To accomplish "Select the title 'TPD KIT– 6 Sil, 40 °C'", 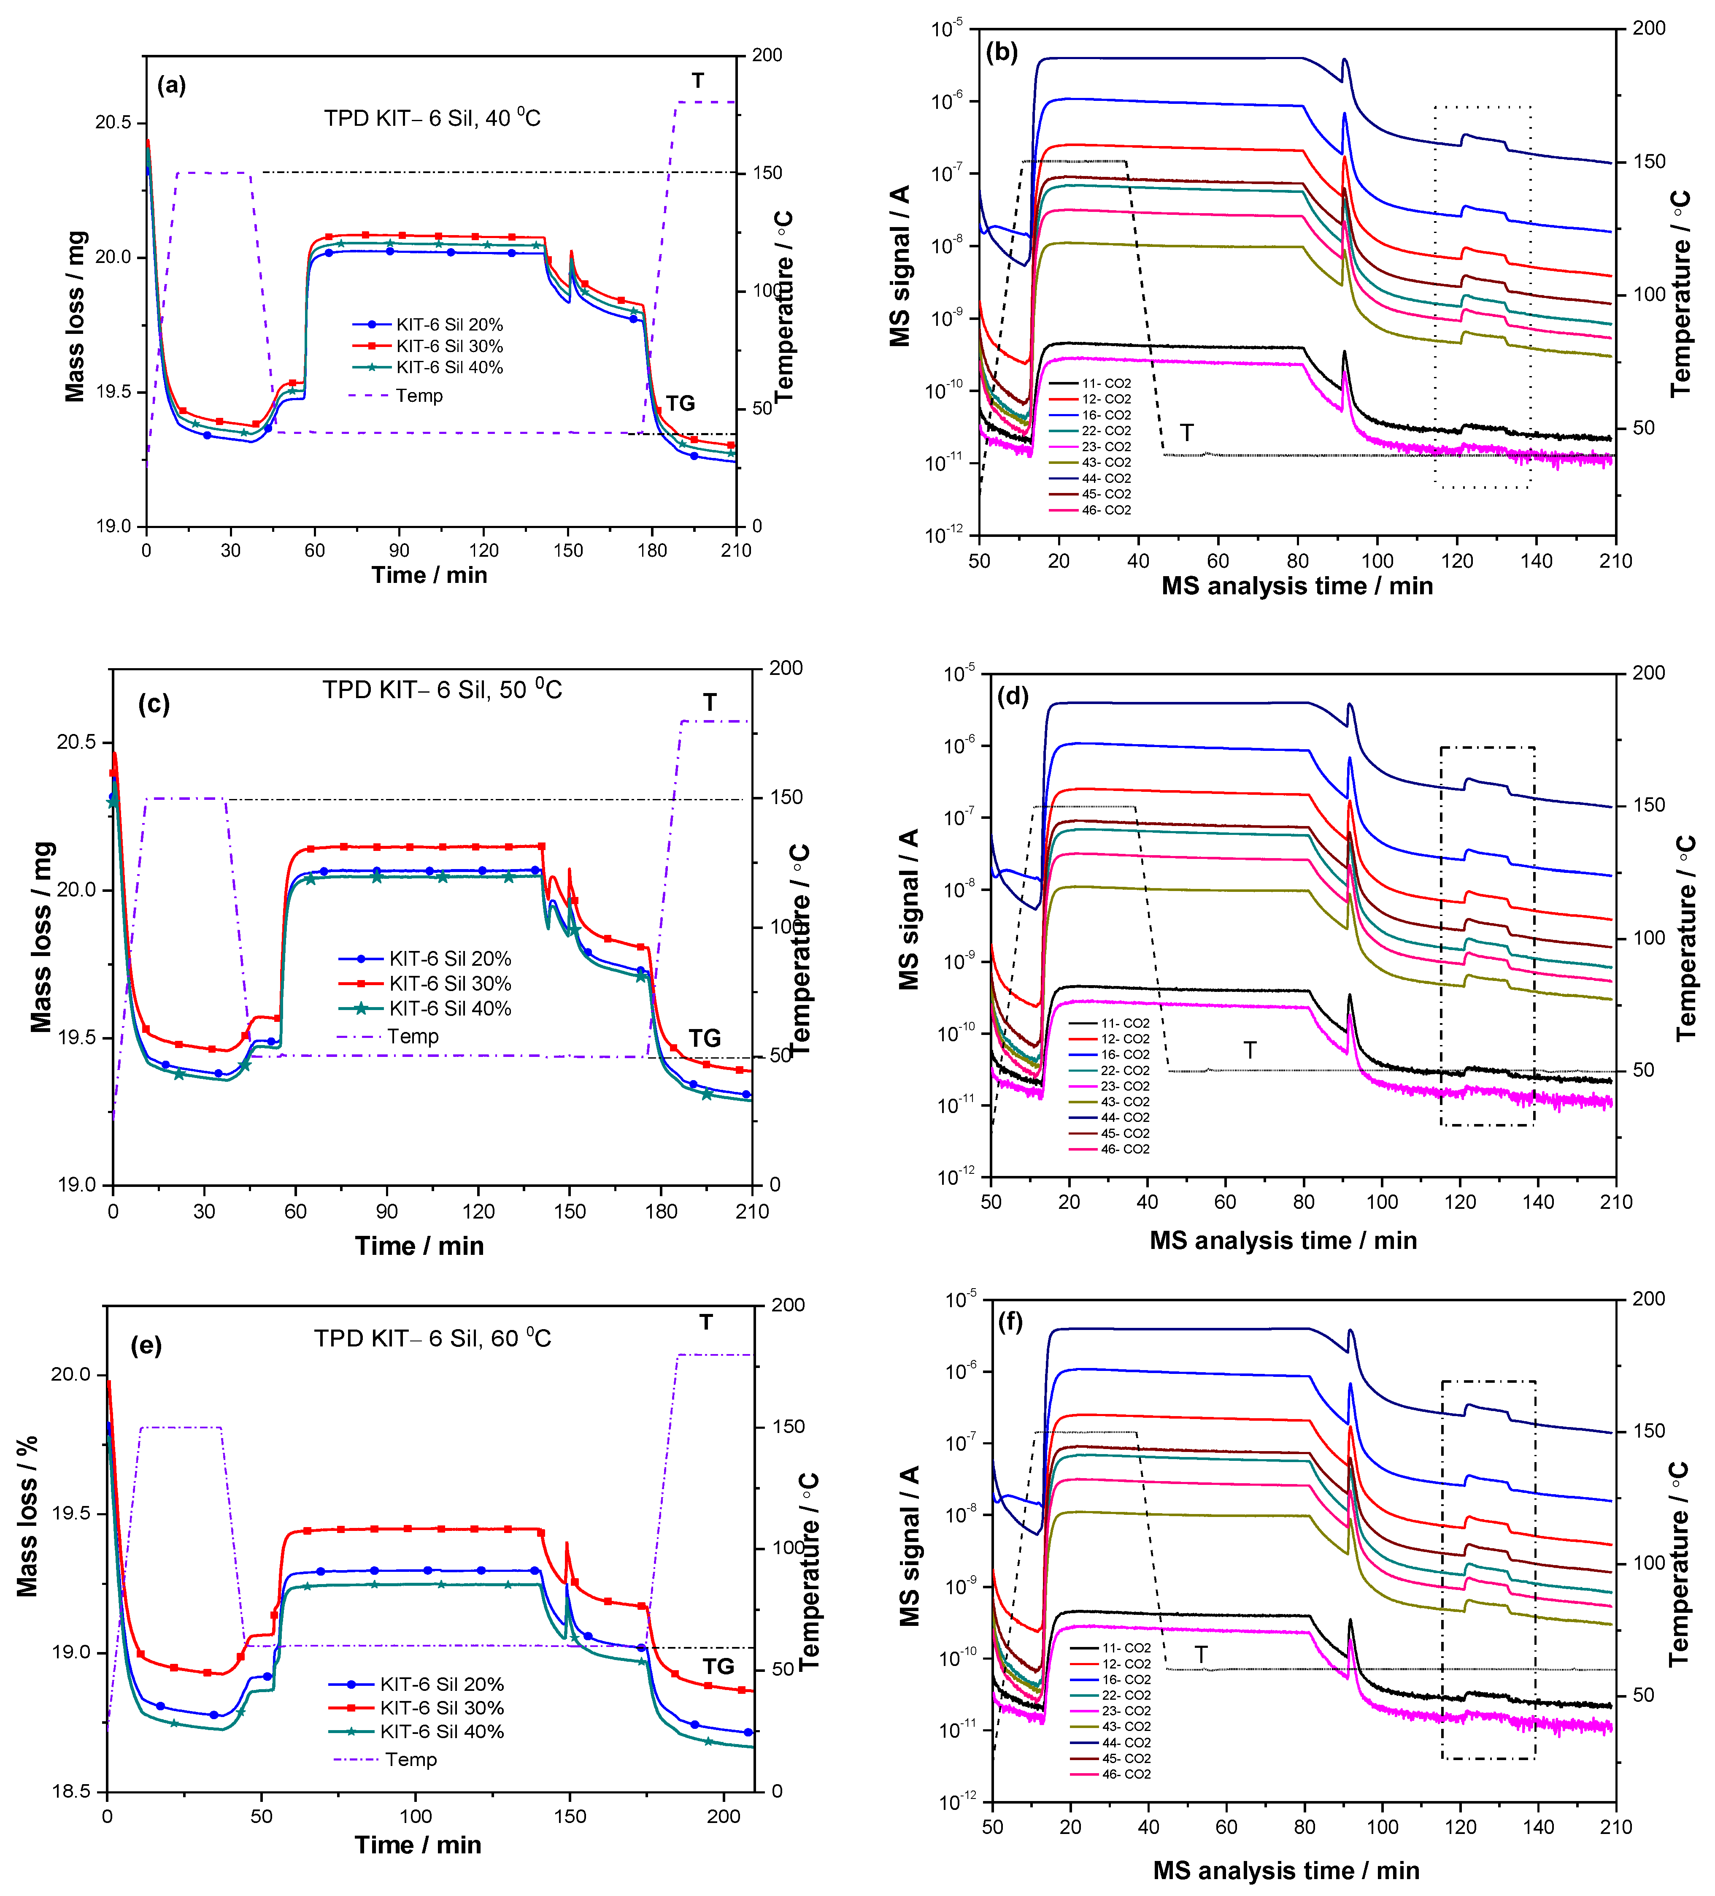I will (432, 118).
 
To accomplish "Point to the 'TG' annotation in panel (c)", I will (704, 1038).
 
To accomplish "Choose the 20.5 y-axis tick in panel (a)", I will (113, 123).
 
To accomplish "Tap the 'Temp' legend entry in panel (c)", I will (412, 1036).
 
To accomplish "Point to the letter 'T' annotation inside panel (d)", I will (1250, 1051).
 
